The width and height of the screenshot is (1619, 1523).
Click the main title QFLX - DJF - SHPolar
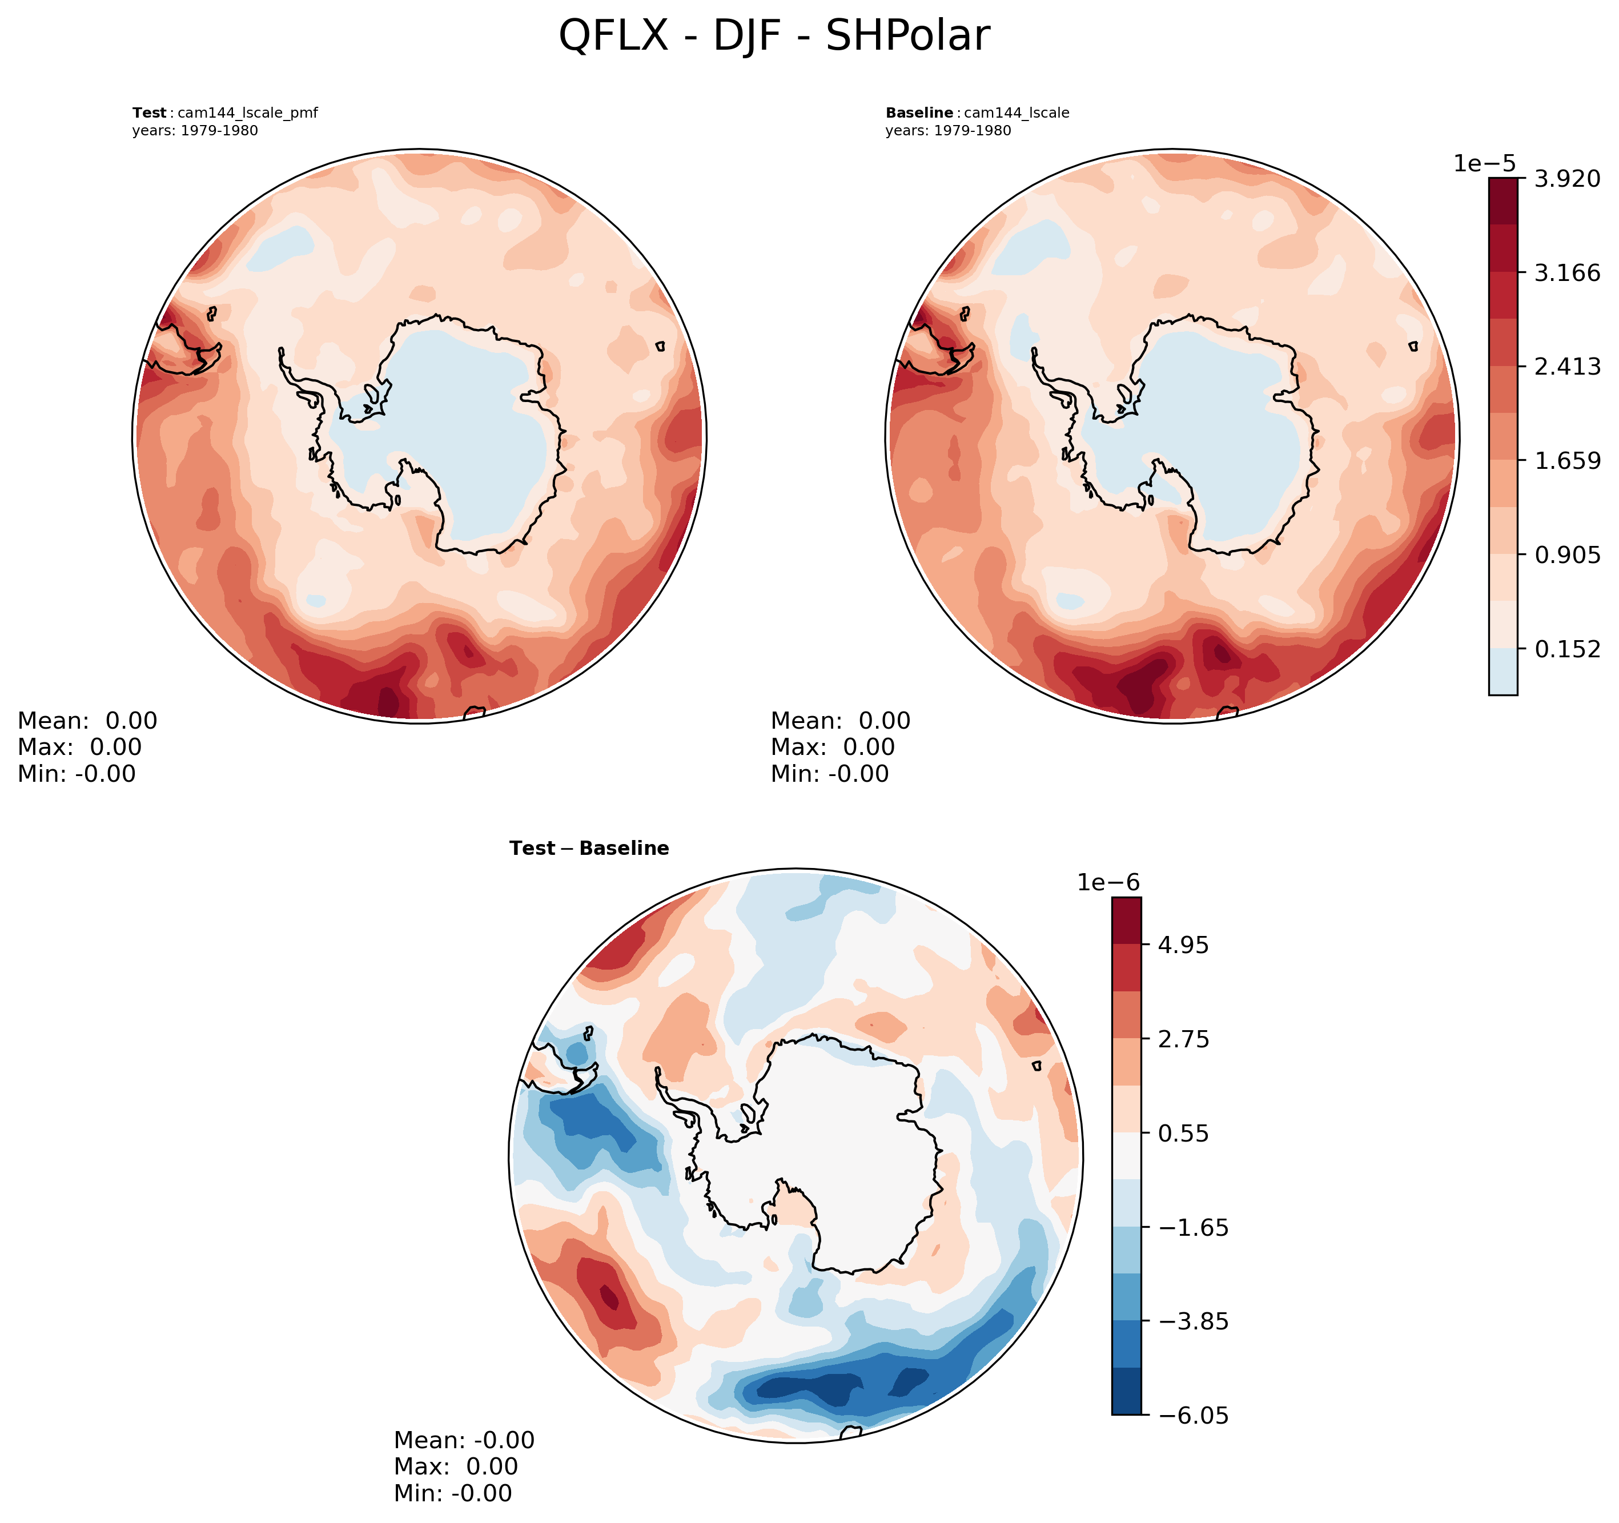pos(774,37)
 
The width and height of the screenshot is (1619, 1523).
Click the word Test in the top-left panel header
pos(150,113)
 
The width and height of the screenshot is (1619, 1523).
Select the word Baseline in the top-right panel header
pos(919,113)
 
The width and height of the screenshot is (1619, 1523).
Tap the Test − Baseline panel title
pos(589,849)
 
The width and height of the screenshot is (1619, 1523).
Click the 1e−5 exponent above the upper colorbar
pos(1485,164)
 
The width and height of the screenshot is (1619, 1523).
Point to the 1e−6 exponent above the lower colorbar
pos(1108,883)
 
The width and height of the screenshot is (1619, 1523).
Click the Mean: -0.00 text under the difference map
pos(464,1440)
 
